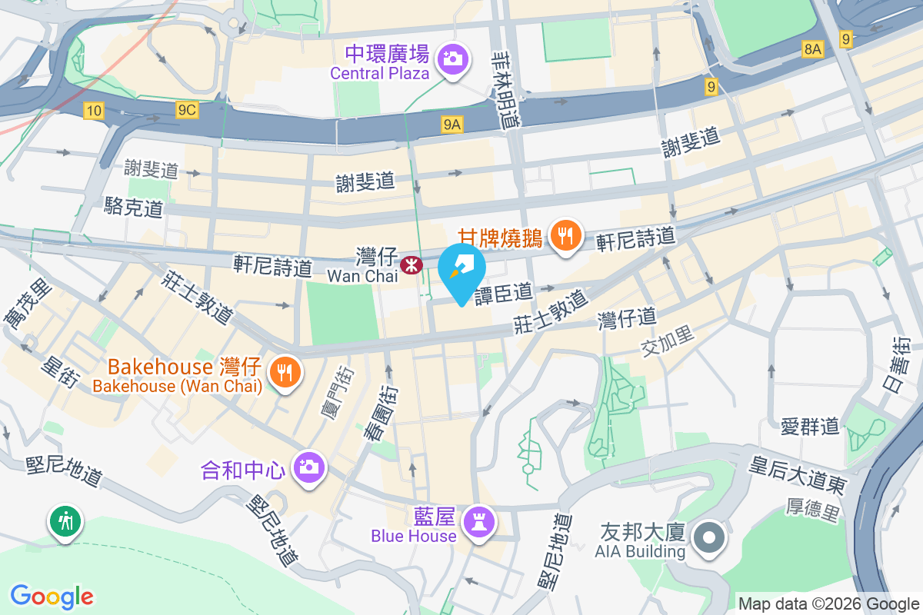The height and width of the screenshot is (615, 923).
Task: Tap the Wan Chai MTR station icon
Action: (412, 265)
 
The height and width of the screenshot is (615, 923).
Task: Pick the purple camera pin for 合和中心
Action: (309, 466)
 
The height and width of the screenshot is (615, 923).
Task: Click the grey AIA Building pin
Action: (708, 537)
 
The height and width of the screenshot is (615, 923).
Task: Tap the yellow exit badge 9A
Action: (452, 124)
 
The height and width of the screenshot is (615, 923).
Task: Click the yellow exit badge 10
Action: (94, 111)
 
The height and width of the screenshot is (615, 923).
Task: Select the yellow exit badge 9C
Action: (187, 111)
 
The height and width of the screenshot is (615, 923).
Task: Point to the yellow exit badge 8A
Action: (813, 49)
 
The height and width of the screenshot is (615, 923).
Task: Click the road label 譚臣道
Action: (503, 293)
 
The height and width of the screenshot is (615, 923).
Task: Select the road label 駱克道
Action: (134, 207)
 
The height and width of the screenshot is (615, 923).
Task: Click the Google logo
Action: (52, 596)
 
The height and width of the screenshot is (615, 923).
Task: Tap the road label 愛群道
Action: (810, 426)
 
